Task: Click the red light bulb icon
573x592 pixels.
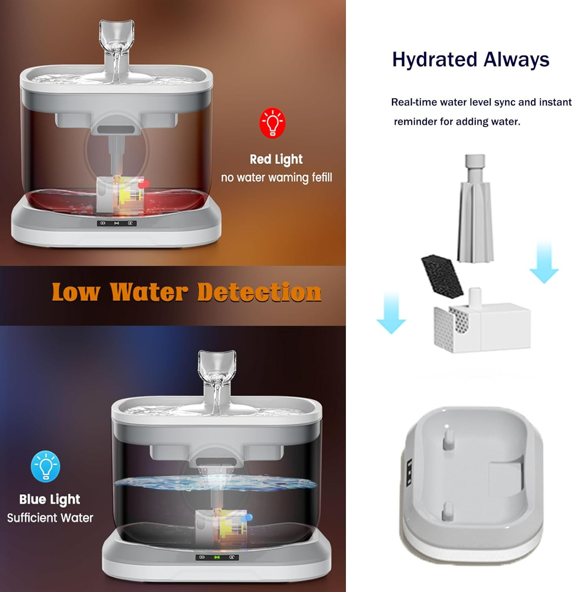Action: [272, 123]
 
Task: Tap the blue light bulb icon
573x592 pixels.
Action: [46, 466]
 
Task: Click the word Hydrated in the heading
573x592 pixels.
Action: [435, 60]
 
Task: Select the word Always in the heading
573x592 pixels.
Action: [516, 59]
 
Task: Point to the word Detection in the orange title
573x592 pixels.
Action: [259, 292]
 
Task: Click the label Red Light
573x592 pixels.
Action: [276, 159]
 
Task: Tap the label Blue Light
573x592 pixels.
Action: [50, 500]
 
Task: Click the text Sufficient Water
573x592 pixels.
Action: [50, 518]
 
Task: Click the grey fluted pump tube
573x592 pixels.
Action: [475, 208]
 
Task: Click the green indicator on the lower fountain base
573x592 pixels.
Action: [216, 557]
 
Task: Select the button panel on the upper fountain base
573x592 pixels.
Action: [117, 223]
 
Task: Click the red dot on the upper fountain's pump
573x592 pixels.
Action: [147, 183]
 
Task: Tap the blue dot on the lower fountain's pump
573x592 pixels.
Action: [249, 517]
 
